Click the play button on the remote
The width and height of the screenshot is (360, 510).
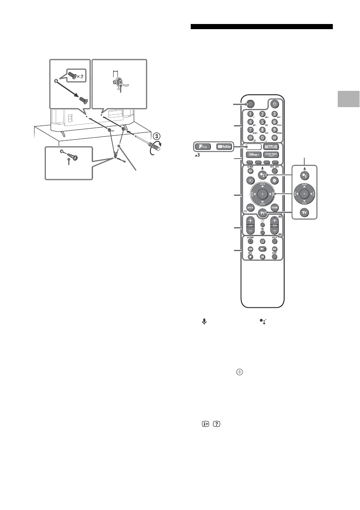(262, 249)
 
